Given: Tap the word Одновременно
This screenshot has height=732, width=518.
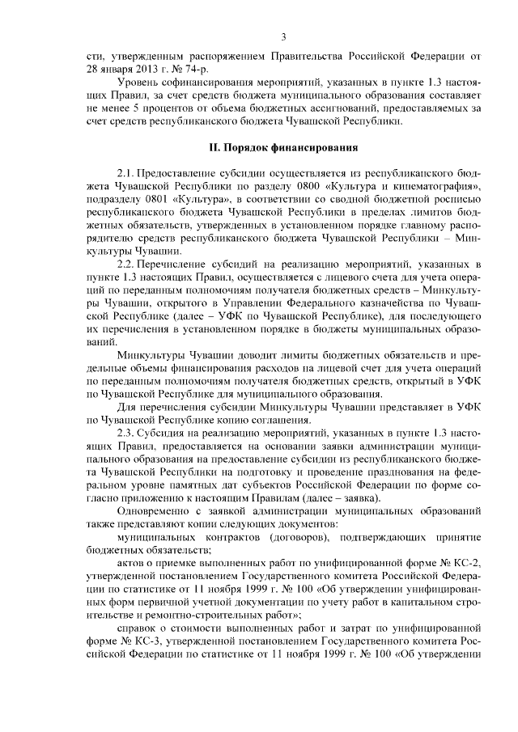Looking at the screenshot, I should pyautogui.click(x=156, y=511).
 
